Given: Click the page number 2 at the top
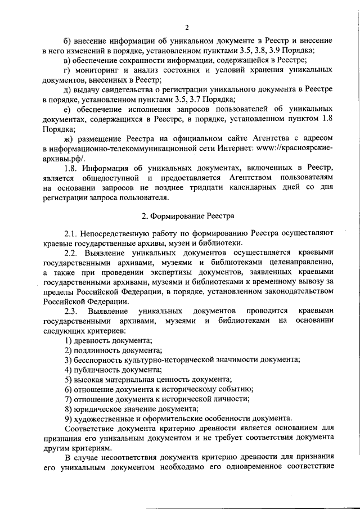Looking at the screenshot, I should click(187, 28).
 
